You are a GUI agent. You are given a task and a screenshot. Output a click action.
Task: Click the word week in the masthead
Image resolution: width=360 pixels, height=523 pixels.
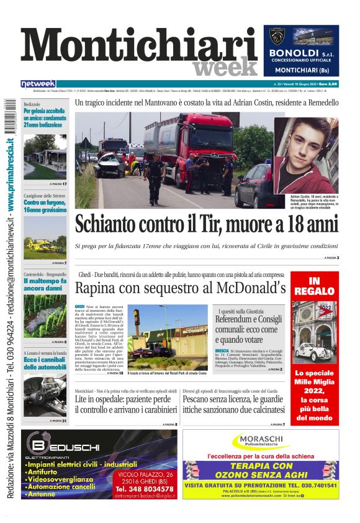click(x=225, y=67)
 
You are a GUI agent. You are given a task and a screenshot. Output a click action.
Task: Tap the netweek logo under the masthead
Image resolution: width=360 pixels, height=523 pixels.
click(x=38, y=84)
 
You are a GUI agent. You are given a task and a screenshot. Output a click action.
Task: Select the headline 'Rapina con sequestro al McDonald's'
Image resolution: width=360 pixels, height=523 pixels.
click(x=180, y=288)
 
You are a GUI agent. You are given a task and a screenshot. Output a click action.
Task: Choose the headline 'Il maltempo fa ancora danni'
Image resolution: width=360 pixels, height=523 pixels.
click(x=44, y=284)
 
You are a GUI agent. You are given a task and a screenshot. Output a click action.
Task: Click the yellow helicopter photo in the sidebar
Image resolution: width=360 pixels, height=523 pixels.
click(x=44, y=245)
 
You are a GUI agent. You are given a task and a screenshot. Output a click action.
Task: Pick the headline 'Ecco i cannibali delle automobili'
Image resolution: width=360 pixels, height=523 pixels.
click(x=44, y=363)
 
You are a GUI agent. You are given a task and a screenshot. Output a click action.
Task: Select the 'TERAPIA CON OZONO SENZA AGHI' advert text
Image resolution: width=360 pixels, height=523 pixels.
click(x=261, y=470)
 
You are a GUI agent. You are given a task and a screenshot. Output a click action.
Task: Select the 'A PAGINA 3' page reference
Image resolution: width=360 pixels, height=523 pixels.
click(x=331, y=257)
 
